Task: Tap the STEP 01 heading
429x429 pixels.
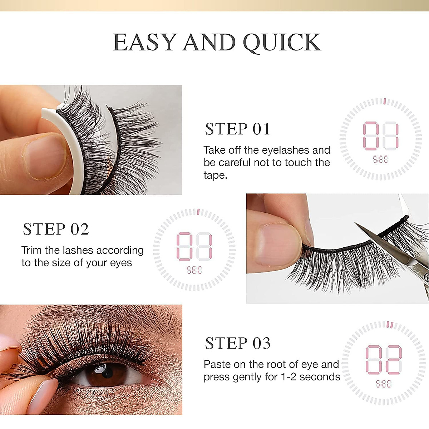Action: (237, 129)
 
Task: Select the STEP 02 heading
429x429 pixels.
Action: (56, 229)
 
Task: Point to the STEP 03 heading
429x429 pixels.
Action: (237, 343)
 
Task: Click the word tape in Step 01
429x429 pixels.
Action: (215, 175)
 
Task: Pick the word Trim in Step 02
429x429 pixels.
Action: (31, 250)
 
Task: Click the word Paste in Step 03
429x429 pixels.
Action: (217, 364)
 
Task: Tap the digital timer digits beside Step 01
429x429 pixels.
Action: (380, 136)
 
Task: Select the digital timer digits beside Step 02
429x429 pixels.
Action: (194, 247)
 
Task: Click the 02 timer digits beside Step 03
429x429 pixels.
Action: (383, 360)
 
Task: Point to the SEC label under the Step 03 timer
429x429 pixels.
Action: (383, 384)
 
